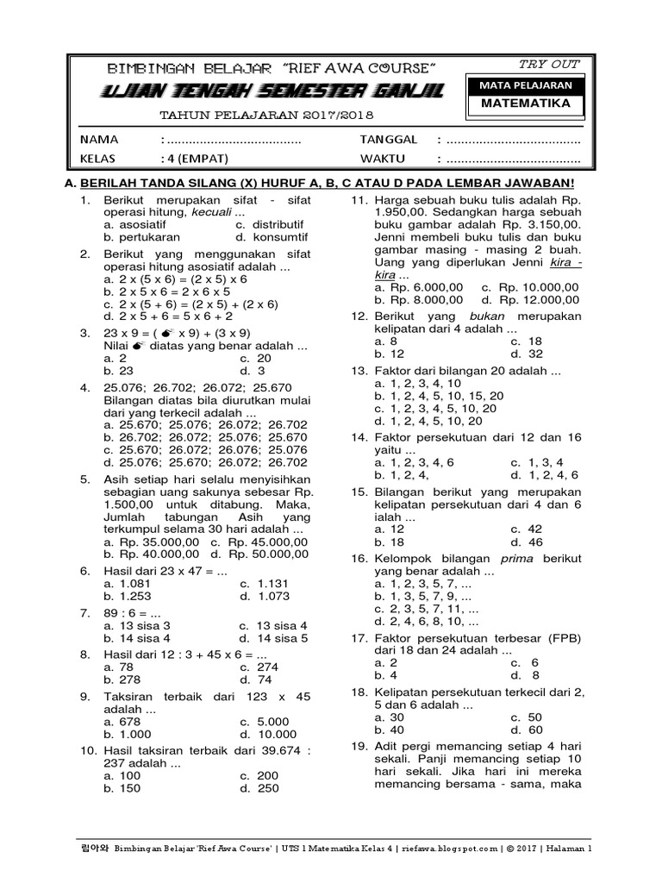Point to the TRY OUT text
pyautogui.click(x=549, y=65)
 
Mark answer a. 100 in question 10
pyautogui.click(x=121, y=775)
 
